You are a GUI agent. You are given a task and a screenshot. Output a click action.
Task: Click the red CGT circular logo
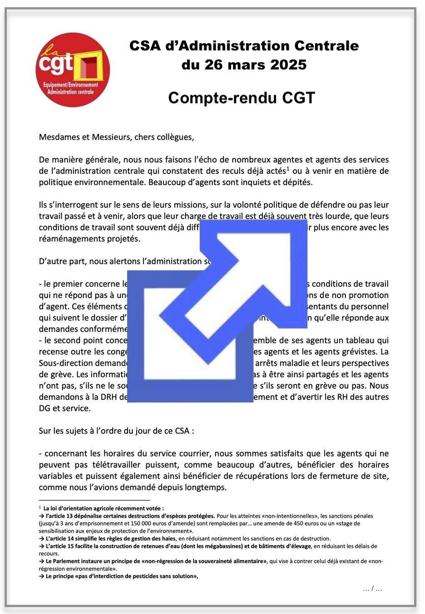[x=73, y=69]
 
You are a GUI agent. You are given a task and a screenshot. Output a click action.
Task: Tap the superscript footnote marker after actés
[x=288, y=168]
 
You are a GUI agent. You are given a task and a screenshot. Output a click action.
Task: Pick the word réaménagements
[x=74, y=239]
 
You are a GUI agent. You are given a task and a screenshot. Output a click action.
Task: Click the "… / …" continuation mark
[x=372, y=589]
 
